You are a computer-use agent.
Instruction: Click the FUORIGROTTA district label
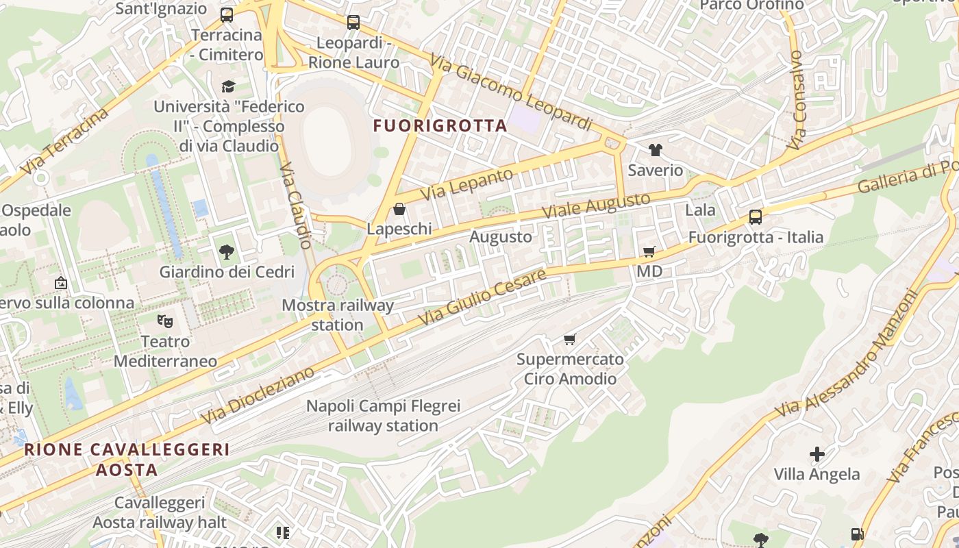tap(440, 126)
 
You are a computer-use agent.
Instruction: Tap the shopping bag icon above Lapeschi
tap(399, 209)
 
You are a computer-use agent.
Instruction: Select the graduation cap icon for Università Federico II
tap(228, 86)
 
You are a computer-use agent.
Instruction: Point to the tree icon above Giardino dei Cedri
tap(227, 252)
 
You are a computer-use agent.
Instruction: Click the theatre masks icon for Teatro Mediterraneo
tap(164, 321)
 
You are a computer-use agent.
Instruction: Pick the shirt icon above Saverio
tap(656, 150)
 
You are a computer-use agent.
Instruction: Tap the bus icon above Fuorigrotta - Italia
tap(756, 217)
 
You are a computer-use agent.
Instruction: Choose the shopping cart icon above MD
tap(649, 251)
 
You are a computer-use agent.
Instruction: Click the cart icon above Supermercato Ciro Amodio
tap(570, 339)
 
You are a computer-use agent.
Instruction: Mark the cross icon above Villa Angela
tap(817, 453)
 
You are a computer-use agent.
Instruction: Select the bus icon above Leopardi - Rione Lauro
tap(353, 23)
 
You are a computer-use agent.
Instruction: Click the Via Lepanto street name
tap(466, 184)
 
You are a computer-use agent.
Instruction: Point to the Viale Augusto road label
tap(596, 206)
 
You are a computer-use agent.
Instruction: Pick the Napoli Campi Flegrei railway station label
tap(383, 416)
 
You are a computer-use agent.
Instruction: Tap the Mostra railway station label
tap(338, 314)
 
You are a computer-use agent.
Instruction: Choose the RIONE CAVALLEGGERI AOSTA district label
tap(127, 460)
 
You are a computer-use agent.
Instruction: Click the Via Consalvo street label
tap(796, 100)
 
